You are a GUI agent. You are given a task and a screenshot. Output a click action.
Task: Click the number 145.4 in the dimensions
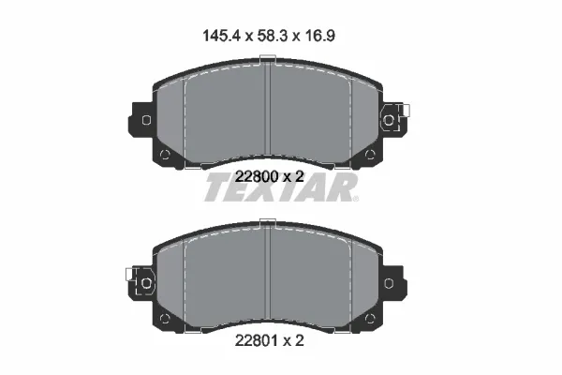click(x=221, y=36)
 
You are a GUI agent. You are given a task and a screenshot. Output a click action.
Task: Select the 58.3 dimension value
click(x=273, y=36)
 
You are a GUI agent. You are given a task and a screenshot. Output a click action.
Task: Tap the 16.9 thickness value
click(x=320, y=36)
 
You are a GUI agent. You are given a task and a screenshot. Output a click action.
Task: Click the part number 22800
click(x=257, y=176)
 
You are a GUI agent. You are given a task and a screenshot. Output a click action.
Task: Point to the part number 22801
click(x=257, y=340)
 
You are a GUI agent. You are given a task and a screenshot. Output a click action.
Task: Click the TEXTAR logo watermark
click(x=281, y=187)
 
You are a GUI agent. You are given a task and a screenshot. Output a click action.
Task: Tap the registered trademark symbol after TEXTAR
click(x=355, y=199)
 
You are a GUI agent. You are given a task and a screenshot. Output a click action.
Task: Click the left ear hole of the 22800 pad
click(x=147, y=120)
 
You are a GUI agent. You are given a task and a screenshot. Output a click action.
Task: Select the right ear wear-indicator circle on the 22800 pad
click(x=389, y=120)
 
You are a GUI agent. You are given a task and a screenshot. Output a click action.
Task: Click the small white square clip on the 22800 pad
click(x=407, y=111)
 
